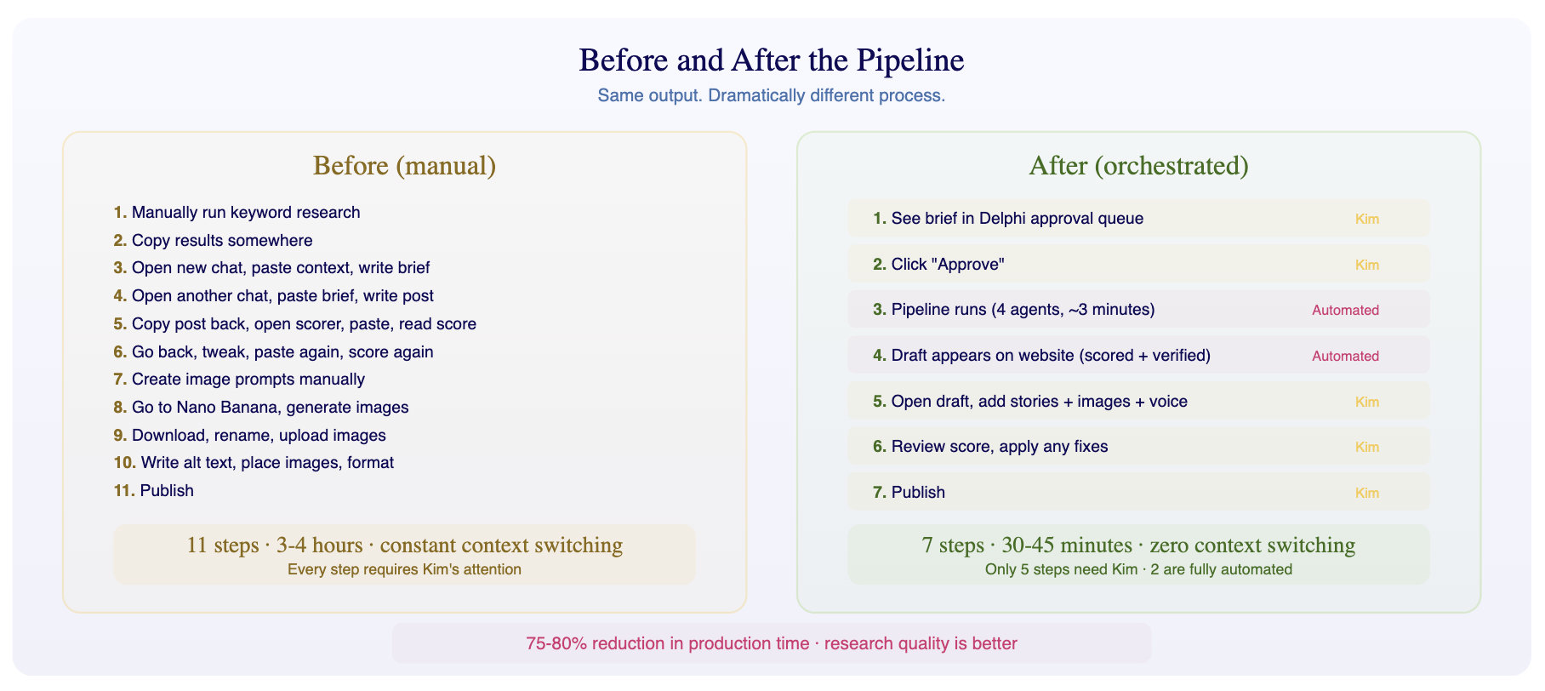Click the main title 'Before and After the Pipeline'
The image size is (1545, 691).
pos(771,60)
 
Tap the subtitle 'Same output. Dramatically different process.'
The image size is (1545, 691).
pos(771,95)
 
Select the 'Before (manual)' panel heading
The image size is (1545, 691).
pos(404,165)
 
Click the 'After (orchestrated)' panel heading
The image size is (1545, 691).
pos(1138,165)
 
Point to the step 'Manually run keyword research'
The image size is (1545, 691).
pos(245,213)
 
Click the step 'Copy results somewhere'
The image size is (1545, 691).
pos(221,241)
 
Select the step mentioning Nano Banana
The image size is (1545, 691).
pos(270,408)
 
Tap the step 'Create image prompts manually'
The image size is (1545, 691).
pos(248,380)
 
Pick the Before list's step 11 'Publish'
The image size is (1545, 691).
pos(167,491)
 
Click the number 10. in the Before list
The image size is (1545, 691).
pos(124,463)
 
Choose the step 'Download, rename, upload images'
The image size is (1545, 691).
pos(259,436)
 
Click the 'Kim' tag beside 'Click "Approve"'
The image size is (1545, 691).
pos(1366,265)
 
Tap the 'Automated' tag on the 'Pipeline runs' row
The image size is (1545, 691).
pos(1345,311)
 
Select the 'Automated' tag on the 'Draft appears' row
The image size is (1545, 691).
pos(1345,357)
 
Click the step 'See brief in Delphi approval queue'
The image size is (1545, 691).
pos(1017,219)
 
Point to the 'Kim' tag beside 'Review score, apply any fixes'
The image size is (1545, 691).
pos(1366,448)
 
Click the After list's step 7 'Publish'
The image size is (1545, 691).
pos(918,493)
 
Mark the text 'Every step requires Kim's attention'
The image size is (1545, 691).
pos(404,569)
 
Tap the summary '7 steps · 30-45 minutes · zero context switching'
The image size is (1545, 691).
pos(1138,545)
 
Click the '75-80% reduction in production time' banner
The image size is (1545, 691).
pos(771,643)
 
